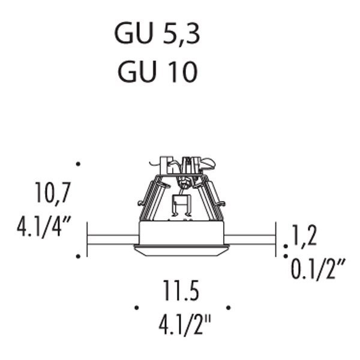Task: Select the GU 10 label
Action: click(157, 71)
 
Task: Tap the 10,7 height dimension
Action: click(53, 193)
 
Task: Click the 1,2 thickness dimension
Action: click(304, 235)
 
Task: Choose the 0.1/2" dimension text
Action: click(318, 269)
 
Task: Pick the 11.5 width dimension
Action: click(181, 290)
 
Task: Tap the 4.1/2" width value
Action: click(184, 325)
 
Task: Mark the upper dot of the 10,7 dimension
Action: click(78, 164)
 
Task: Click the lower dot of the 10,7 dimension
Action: click(78, 256)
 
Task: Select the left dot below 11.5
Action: click(137, 307)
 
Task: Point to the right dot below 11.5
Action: click(229, 307)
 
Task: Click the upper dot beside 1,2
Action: click(286, 247)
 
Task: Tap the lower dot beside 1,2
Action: click(286, 256)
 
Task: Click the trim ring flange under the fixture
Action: click(181, 250)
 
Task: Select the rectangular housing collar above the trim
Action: click(181, 233)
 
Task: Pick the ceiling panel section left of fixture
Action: click(113, 239)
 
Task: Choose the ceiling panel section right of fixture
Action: click(250, 239)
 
